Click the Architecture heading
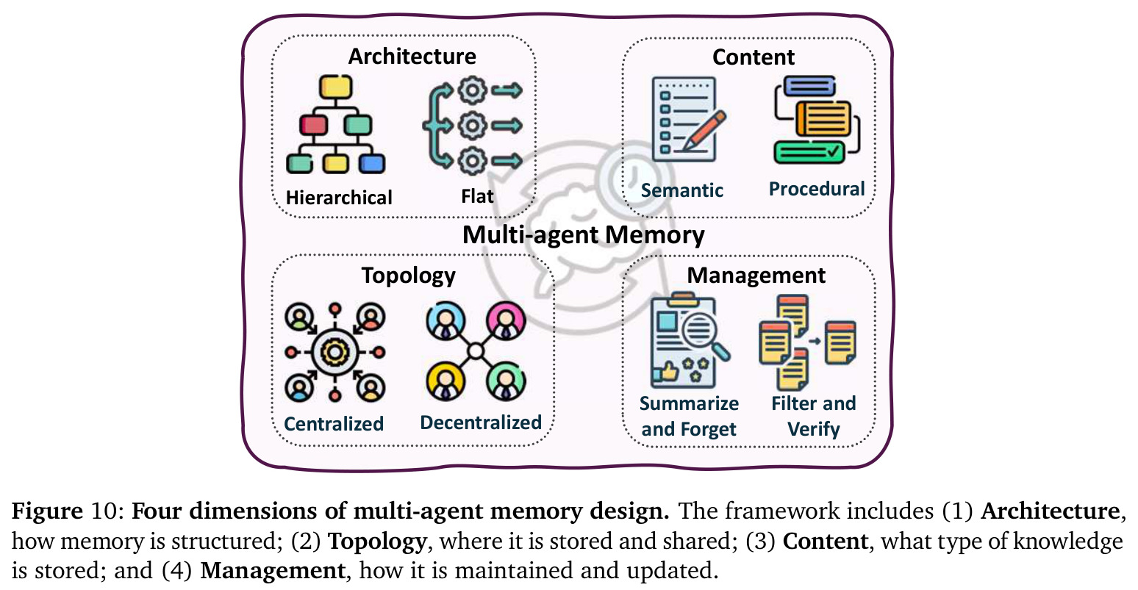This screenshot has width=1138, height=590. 412,57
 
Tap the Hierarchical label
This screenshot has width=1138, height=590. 339,198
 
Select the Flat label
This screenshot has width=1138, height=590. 477,196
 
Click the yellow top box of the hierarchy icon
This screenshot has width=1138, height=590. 335,87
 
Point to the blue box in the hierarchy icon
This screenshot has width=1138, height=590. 372,164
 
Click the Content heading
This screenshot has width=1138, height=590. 754,57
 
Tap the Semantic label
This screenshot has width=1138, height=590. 681,190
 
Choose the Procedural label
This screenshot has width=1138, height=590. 817,189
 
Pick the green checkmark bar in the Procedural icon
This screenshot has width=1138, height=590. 809,152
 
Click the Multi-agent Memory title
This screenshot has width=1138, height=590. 583,235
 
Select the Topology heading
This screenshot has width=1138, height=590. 409,276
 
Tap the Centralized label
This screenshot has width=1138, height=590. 333,424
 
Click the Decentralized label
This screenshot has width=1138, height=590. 481,422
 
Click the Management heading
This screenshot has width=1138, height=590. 756,276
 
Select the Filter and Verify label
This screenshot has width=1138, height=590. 813,417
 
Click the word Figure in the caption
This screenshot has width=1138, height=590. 47,511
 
